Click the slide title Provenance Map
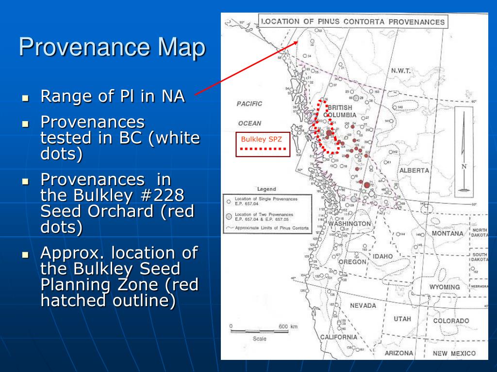(x=112, y=48)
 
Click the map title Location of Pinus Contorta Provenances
(x=353, y=22)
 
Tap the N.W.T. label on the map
(x=400, y=71)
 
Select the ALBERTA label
(x=414, y=170)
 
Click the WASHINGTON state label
(x=349, y=224)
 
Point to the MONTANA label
(x=447, y=233)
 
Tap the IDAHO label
(x=383, y=256)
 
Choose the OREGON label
(x=352, y=262)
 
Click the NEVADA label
(x=363, y=306)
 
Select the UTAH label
(x=402, y=319)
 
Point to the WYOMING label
(x=444, y=287)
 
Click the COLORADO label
(x=451, y=321)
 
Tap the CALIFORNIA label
(x=338, y=337)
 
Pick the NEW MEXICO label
(x=454, y=354)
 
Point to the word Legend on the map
(x=266, y=189)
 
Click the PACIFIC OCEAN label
(x=249, y=113)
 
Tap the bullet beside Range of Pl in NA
(x=26, y=97)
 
